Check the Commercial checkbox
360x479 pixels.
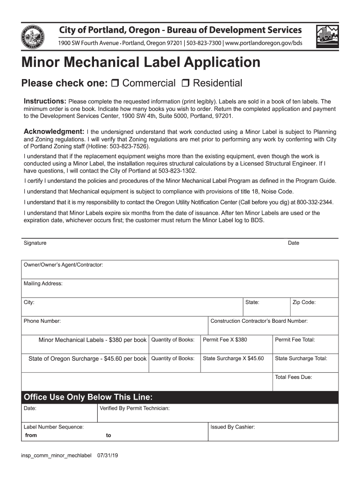[x=115, y=84]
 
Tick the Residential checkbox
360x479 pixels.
[x=185, y=84]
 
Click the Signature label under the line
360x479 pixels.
[x=35, y=243]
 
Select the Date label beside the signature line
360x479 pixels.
[x=294, y=243]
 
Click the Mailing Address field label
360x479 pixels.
[x=43, y=283]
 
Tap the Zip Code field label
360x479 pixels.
[x=304, y=302]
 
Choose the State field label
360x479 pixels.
[x=252, y=302]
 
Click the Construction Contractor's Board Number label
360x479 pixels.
[x=259, y=321]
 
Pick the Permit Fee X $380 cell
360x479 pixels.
[x=225, y=340]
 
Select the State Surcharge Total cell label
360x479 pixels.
[x=301, y=358]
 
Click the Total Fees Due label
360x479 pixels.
[x=294, y=377]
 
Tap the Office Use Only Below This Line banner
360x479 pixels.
[x=88, y=397]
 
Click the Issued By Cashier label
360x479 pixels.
[x=232, y=427]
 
